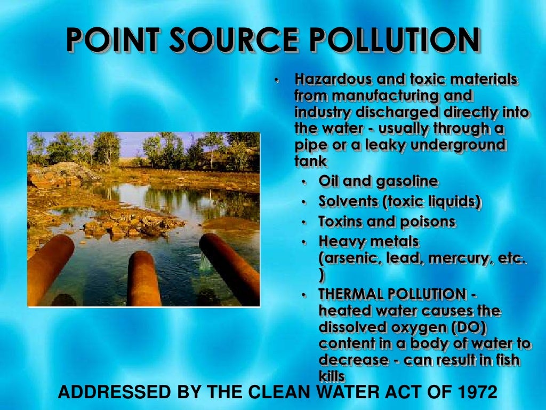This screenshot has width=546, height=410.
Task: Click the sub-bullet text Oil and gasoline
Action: tap(378, 182)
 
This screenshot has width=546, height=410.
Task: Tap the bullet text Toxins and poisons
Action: tap(387, 222)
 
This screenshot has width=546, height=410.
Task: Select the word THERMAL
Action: tap(351, 294)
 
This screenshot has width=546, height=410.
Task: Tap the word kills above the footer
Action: tap(332, 376)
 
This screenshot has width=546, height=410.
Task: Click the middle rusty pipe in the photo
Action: tap(143, 278)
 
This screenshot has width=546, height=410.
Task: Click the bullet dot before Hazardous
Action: tap(277, 81)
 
